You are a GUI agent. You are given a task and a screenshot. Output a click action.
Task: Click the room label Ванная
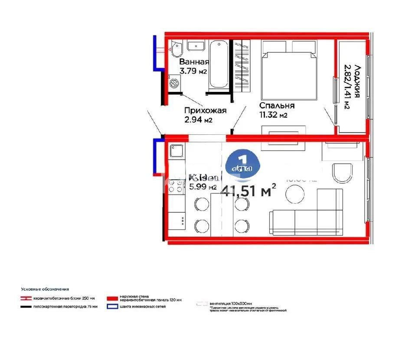[x=194, y=62]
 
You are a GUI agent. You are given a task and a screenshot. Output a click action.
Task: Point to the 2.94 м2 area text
[x=198, y=120]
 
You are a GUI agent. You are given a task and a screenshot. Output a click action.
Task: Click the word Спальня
[x=277, y=105]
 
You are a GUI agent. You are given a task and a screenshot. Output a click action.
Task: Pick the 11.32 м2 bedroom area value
[x=274, y=115]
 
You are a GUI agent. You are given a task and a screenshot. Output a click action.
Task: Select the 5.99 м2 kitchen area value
[x=203, y=187]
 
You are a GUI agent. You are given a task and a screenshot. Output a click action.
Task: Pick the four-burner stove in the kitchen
[x=176, y=186]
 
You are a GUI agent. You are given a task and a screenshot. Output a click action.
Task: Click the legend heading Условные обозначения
[x=45, y=289]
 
